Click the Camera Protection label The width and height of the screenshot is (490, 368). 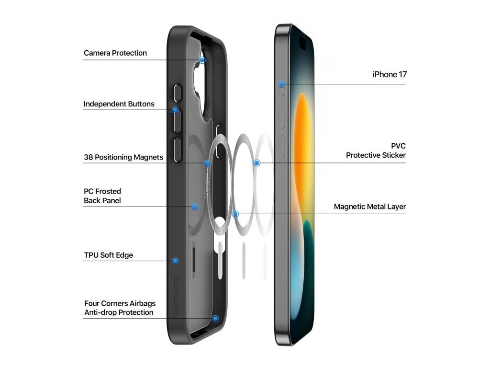[115, 53]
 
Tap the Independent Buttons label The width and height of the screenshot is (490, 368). [119, 104]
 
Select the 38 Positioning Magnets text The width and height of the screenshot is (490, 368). [123, 157]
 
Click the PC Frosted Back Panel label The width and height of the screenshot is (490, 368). [102, 196]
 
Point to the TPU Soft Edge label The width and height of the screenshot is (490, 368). [109, 255]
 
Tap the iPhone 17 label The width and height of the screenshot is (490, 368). [390, 75]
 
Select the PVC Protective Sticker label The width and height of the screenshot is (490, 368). [376, 150]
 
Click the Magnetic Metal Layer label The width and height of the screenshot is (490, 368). [370, 207]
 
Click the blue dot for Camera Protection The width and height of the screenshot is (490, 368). [202, 60]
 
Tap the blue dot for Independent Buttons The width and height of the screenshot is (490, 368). [176, 110]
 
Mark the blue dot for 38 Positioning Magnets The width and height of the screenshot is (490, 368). [207, 163]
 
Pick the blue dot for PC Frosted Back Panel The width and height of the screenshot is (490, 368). [195, 207]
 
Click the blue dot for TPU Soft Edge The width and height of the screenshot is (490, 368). [176, 261]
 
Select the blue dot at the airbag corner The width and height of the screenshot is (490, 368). [216, 319]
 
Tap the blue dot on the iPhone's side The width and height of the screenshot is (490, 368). [282, 84]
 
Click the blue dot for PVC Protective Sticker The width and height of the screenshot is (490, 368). [257, 163]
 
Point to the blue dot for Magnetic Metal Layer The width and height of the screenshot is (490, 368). [235, 214]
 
